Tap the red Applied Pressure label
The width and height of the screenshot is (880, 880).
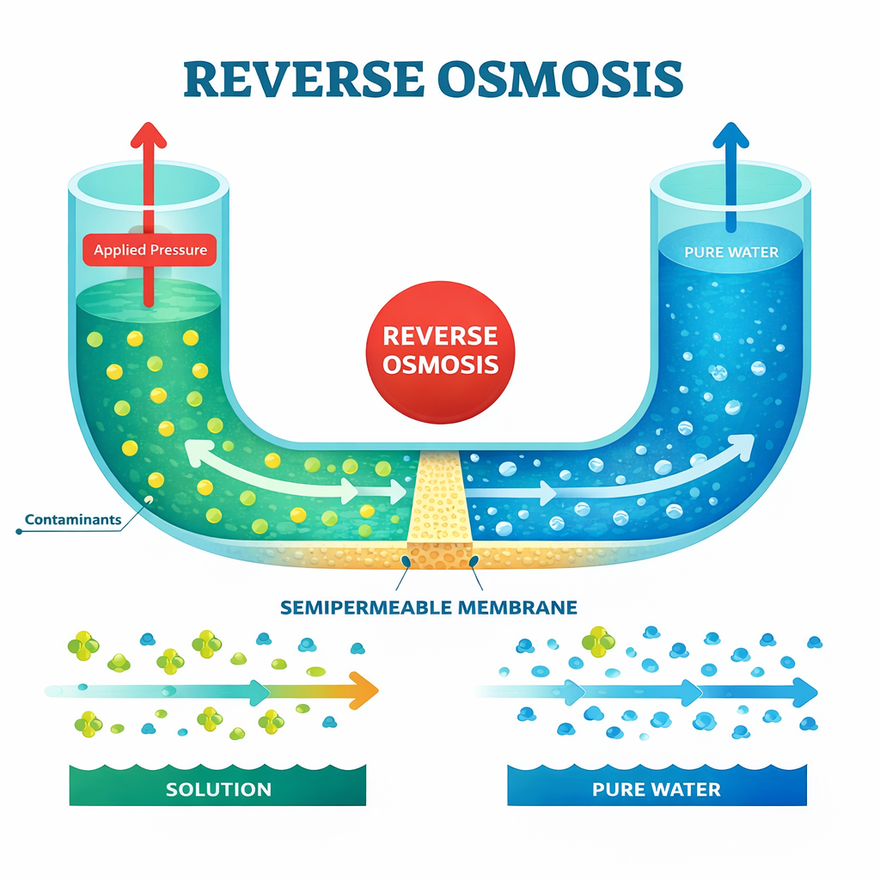click(x=150, y=250)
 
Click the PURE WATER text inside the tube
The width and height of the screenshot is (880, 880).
click(x=731, y=252)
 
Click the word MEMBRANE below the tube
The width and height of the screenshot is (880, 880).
click(x=524, y=608)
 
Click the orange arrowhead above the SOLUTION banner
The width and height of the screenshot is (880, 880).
click(x=365, y=687)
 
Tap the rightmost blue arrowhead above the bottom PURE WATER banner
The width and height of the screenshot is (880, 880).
click(x=805, y=689)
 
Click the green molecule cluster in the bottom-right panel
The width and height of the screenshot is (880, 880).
click(x=598, y=641)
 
